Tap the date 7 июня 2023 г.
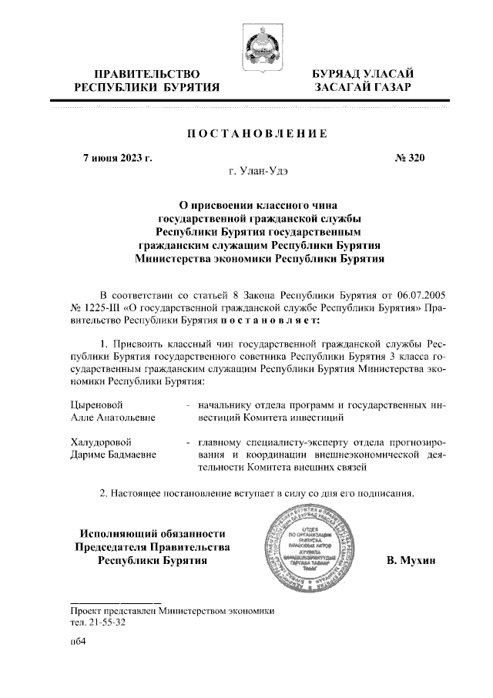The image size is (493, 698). pyautogui.click(x=117, y=159)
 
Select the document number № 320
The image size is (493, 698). pyautogui.click(x=409, y=159)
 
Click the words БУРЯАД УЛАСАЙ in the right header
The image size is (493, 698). pyautogui.click(x=361, y=74)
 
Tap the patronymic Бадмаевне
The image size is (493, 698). pyautogui.click(x=129, y=455)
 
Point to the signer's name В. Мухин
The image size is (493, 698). pyautogui.click(x=411, y=560)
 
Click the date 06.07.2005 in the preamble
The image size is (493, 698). pyautogui.click(x=418, y=295)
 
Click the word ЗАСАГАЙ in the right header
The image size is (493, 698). pyautogui.click(x=338, y=88)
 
